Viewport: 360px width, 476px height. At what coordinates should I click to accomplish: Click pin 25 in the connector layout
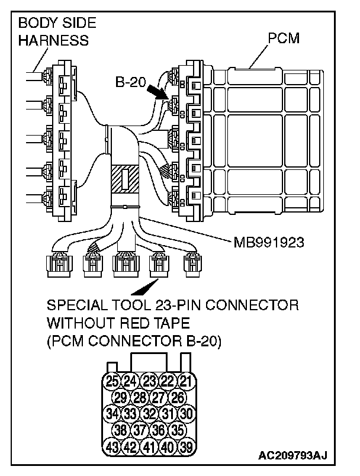(x=112, y=381)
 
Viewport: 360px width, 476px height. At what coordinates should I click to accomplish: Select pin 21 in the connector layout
(x=186, y=381)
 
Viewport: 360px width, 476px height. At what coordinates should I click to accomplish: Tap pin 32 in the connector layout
(x=149, y=413)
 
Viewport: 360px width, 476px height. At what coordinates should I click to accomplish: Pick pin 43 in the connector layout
(x=112, y=446)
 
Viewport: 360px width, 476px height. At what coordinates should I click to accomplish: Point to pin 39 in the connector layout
(x=186, y=446)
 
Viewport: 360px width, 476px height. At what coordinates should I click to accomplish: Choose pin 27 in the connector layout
(x=158, y=397)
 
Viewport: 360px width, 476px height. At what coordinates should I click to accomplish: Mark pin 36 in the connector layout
(x=158, y=429)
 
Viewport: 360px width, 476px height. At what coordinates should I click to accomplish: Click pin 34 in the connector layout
(x=112, y=413)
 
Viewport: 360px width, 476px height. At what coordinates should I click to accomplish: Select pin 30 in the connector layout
(x=186, y=413)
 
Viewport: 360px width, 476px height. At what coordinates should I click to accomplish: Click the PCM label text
(x=282, y=39)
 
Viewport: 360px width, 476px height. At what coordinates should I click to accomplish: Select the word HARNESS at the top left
(x=53, y=40)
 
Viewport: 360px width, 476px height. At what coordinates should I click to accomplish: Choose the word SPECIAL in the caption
(x=73, y=306)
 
